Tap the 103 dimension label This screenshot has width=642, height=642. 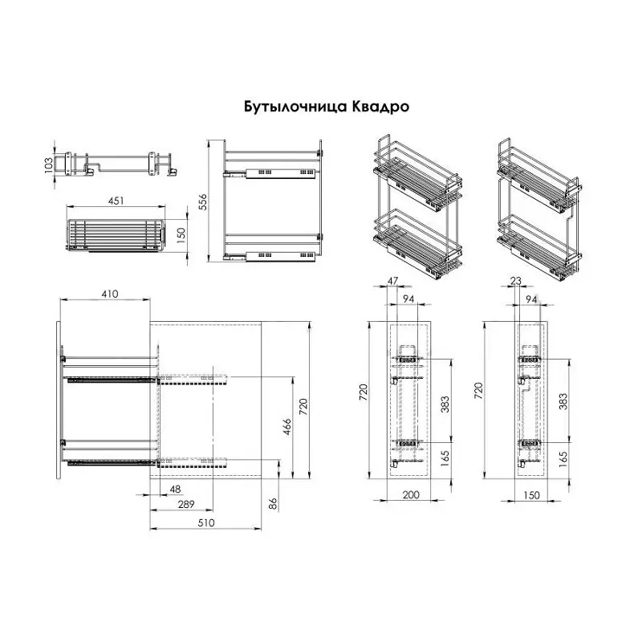pos(49,165)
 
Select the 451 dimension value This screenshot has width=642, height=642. pos(116,201)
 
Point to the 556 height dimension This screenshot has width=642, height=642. pos(203,202)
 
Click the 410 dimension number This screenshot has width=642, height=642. pos(110,294)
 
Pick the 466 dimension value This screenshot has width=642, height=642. pos(287,427)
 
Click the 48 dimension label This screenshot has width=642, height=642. pos(175,489)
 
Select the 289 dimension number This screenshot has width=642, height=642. pos(186,504)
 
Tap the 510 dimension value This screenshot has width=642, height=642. pos(206,523)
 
